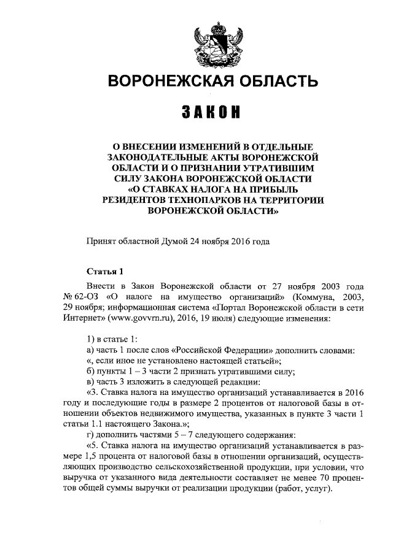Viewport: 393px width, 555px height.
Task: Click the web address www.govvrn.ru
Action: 141,320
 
